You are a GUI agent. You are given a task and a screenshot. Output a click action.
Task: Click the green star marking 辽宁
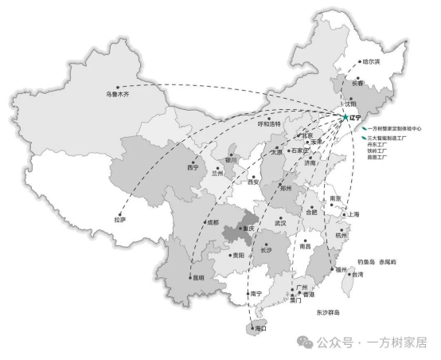[345, 118]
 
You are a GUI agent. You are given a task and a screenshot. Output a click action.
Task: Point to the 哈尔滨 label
[371, 61]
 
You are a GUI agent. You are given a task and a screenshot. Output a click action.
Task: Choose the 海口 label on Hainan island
[259, 328]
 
